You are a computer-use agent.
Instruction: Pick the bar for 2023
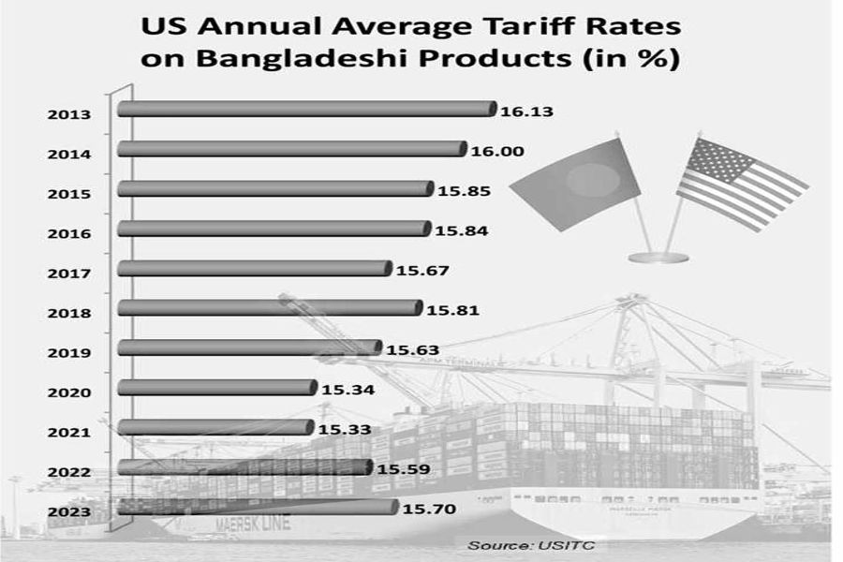point(259,507)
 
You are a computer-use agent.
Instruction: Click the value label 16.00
point(497,151)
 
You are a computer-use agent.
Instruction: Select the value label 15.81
point(452,308)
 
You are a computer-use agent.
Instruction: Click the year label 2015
point(69,194)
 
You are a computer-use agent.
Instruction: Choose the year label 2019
point(69,353)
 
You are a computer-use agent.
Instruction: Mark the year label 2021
point(69,433)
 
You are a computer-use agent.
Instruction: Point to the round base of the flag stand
point(658,257)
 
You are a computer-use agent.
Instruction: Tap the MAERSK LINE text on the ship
point(253,524)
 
